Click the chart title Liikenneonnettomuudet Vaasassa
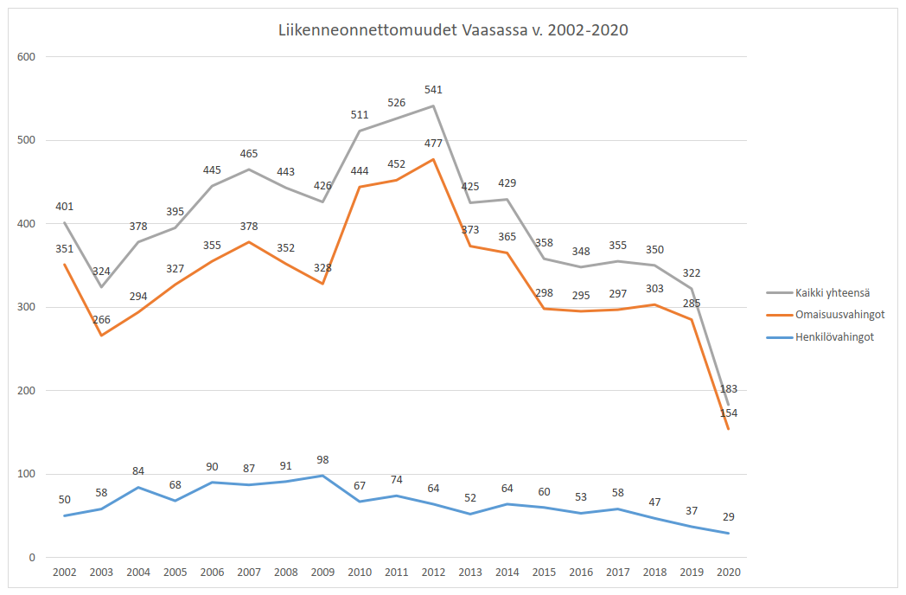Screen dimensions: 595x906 (x=453, y=30)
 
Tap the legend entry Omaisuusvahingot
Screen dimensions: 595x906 (x=835, y=315)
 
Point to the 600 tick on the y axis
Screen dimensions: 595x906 (x=28, y=57)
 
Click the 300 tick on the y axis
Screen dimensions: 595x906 (x=28, y=307)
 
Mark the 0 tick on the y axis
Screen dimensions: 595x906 (x=33, y=557)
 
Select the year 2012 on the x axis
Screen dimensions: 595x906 (x=433, y=573)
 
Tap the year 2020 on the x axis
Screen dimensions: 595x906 (x=729, y=573)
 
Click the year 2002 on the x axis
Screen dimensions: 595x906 (x=64, y=573)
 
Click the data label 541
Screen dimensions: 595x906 (x=433, y=90)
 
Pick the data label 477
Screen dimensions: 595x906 (x=433, y=144)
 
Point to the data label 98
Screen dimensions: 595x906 (x=322, y=460)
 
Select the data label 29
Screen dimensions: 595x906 (x=729, y=517)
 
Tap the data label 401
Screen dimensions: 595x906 (x=64, y=207)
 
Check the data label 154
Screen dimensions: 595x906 (x=729, y=413)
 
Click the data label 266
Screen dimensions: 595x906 (x=101, y=320)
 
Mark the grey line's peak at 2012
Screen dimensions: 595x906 (x=433, y=106)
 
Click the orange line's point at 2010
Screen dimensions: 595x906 (x=360, y=187)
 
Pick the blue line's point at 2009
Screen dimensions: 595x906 (x=322, y=476)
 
